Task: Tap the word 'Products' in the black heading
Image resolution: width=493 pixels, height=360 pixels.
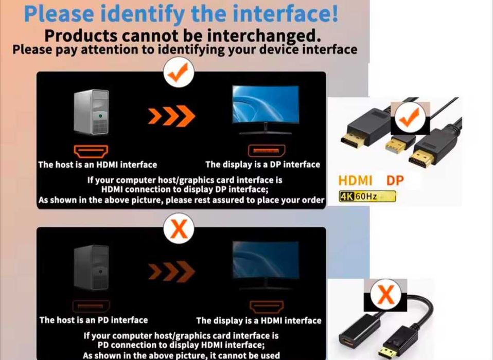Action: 81,35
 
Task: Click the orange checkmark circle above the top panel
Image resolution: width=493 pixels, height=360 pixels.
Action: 179,73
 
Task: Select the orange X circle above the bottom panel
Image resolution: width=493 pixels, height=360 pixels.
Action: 179,228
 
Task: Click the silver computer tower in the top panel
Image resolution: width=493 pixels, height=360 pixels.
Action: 92,112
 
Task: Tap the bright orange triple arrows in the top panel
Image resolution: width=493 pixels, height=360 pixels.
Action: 172,116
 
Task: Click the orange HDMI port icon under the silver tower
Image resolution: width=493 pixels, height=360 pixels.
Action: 91,151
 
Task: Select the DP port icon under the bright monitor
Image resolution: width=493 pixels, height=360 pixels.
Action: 267,151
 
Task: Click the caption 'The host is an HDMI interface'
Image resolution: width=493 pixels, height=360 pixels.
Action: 97,165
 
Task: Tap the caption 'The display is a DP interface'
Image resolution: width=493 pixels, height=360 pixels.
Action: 262,165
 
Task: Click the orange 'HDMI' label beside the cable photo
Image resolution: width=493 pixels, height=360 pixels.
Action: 355,181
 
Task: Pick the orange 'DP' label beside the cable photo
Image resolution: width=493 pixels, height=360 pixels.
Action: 395,181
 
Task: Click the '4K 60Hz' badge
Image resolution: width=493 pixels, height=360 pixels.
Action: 367,196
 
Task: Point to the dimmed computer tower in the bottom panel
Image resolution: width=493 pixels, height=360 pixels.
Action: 92,267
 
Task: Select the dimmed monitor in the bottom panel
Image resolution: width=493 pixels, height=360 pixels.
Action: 266,264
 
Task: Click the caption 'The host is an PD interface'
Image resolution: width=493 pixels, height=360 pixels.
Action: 94,320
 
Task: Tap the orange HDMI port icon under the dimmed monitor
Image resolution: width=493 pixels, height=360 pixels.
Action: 267,307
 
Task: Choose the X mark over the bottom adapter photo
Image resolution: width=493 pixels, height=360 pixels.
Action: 385,295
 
